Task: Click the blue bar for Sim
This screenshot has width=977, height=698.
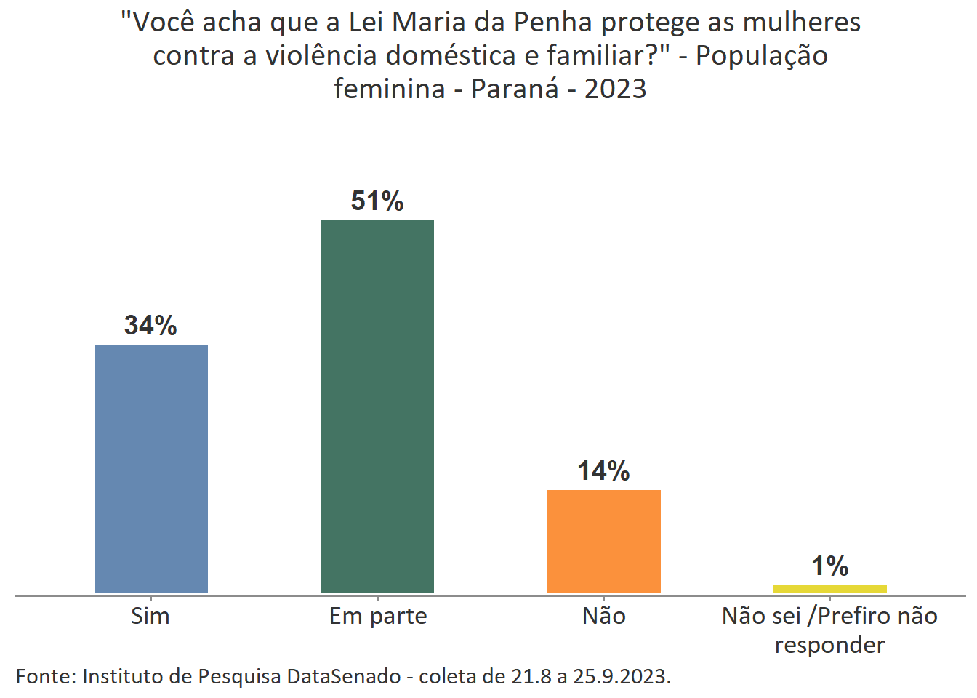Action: (x=151, y=468)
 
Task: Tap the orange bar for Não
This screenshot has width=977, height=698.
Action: (x=603, y=541)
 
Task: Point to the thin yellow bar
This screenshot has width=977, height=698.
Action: (x=829, y=589)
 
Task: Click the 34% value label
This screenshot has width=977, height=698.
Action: (x=150, y=325)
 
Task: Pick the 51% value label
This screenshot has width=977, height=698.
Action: (x=377, y=201)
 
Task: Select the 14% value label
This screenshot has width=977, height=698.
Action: (x=603, y=470)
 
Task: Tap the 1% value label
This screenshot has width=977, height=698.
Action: (x=829, y=566)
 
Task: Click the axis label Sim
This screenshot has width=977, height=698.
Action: (x=150, y=616)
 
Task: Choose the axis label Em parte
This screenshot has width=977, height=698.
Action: (x=378, y=617)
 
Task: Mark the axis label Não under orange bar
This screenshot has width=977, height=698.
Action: (x=603, y=616)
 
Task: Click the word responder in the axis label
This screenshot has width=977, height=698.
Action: (x=829, y=645)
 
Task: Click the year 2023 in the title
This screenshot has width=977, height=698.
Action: (x=615, y=89)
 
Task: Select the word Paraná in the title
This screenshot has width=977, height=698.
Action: (x=515, y=89)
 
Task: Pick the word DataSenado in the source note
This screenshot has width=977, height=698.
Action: (x=344, y=676)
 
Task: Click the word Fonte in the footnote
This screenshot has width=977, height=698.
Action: (x=45, y=676)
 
